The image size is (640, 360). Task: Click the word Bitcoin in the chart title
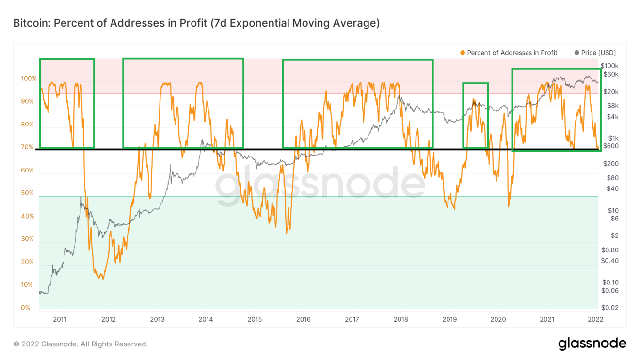click(x=31, y=23)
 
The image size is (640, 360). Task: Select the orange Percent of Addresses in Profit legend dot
click(x=463, y=53)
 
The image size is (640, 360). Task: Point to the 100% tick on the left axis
click(x=28, y=78)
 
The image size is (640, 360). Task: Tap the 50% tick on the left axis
click(x=28, y=193)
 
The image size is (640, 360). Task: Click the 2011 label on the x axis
click(x=59, y=319)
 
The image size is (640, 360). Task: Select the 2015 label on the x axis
click(x=255, y=319)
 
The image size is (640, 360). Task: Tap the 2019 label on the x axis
click(x=449, y=319)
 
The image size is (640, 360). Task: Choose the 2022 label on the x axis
click(x=595, y=319)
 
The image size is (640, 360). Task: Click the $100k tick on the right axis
click(x=610, y=66)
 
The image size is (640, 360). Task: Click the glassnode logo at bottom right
click(x=592, y=344)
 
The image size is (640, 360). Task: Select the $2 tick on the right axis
click(x=607, y=235)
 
